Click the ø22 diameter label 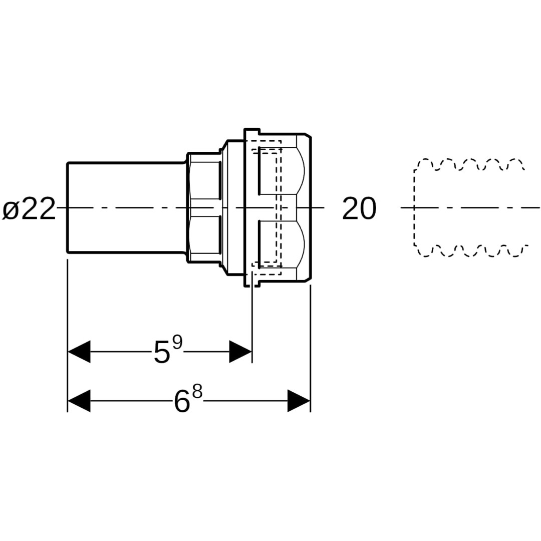tap(29, 209)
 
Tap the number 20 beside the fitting tap(359, 209)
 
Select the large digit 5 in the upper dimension tap(162, 352)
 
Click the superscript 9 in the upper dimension tap(177, 343)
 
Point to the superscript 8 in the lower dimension tap(197, 392)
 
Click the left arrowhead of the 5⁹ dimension tap(79, 352)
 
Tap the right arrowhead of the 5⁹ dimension tap(240, 352)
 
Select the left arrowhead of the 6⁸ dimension tap(79, 401)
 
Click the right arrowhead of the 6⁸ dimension tap(299, 401)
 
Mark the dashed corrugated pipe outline tap(468, 207)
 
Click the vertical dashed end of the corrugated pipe tap(414, 207)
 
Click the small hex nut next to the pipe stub tap(204, 207)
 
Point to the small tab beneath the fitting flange tap(252, 284)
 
